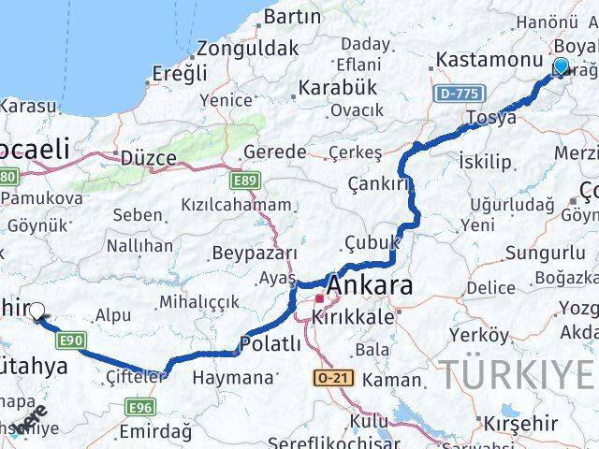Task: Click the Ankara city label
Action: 371,287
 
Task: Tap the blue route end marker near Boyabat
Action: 561,66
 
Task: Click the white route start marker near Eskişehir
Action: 37,311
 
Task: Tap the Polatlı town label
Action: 270,344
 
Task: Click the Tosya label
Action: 492,118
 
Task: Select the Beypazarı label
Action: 255,253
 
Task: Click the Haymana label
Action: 232,377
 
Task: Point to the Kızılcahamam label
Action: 237,204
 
